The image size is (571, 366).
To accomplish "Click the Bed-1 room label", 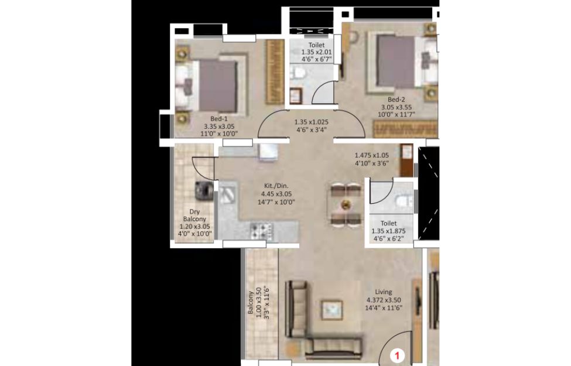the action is pos(219,119).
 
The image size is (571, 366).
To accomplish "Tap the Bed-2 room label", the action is pos(396,100).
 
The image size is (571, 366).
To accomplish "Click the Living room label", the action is pos(384,292).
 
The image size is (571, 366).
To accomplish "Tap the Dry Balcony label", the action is pos(194,216).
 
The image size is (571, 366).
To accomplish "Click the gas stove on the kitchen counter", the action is pos(262,230).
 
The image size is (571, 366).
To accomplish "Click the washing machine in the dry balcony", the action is pos(204,190).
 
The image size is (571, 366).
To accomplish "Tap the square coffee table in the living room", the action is pos(331,310).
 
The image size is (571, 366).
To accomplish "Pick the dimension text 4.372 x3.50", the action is pos(384,300).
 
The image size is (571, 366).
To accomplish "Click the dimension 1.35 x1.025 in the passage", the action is pos(312,122).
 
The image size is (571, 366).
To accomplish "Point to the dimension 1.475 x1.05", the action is pos(372,155).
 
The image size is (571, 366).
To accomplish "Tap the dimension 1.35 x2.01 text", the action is pos(316,52).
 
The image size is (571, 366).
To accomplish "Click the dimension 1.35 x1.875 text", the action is pos(388,231).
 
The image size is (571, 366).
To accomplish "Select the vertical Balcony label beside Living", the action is pos(251,303).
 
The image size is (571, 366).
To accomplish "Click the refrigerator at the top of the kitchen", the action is pos(269,152).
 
